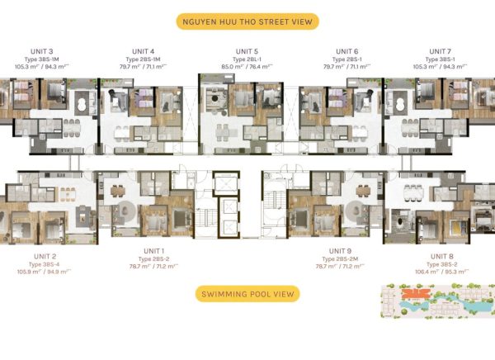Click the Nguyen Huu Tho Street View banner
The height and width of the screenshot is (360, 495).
[247, 21]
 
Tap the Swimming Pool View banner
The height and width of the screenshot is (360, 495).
[247, 294]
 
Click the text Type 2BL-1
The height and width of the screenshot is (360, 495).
[247, 59]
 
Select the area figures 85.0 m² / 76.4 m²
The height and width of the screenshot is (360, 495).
[247, 67]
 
